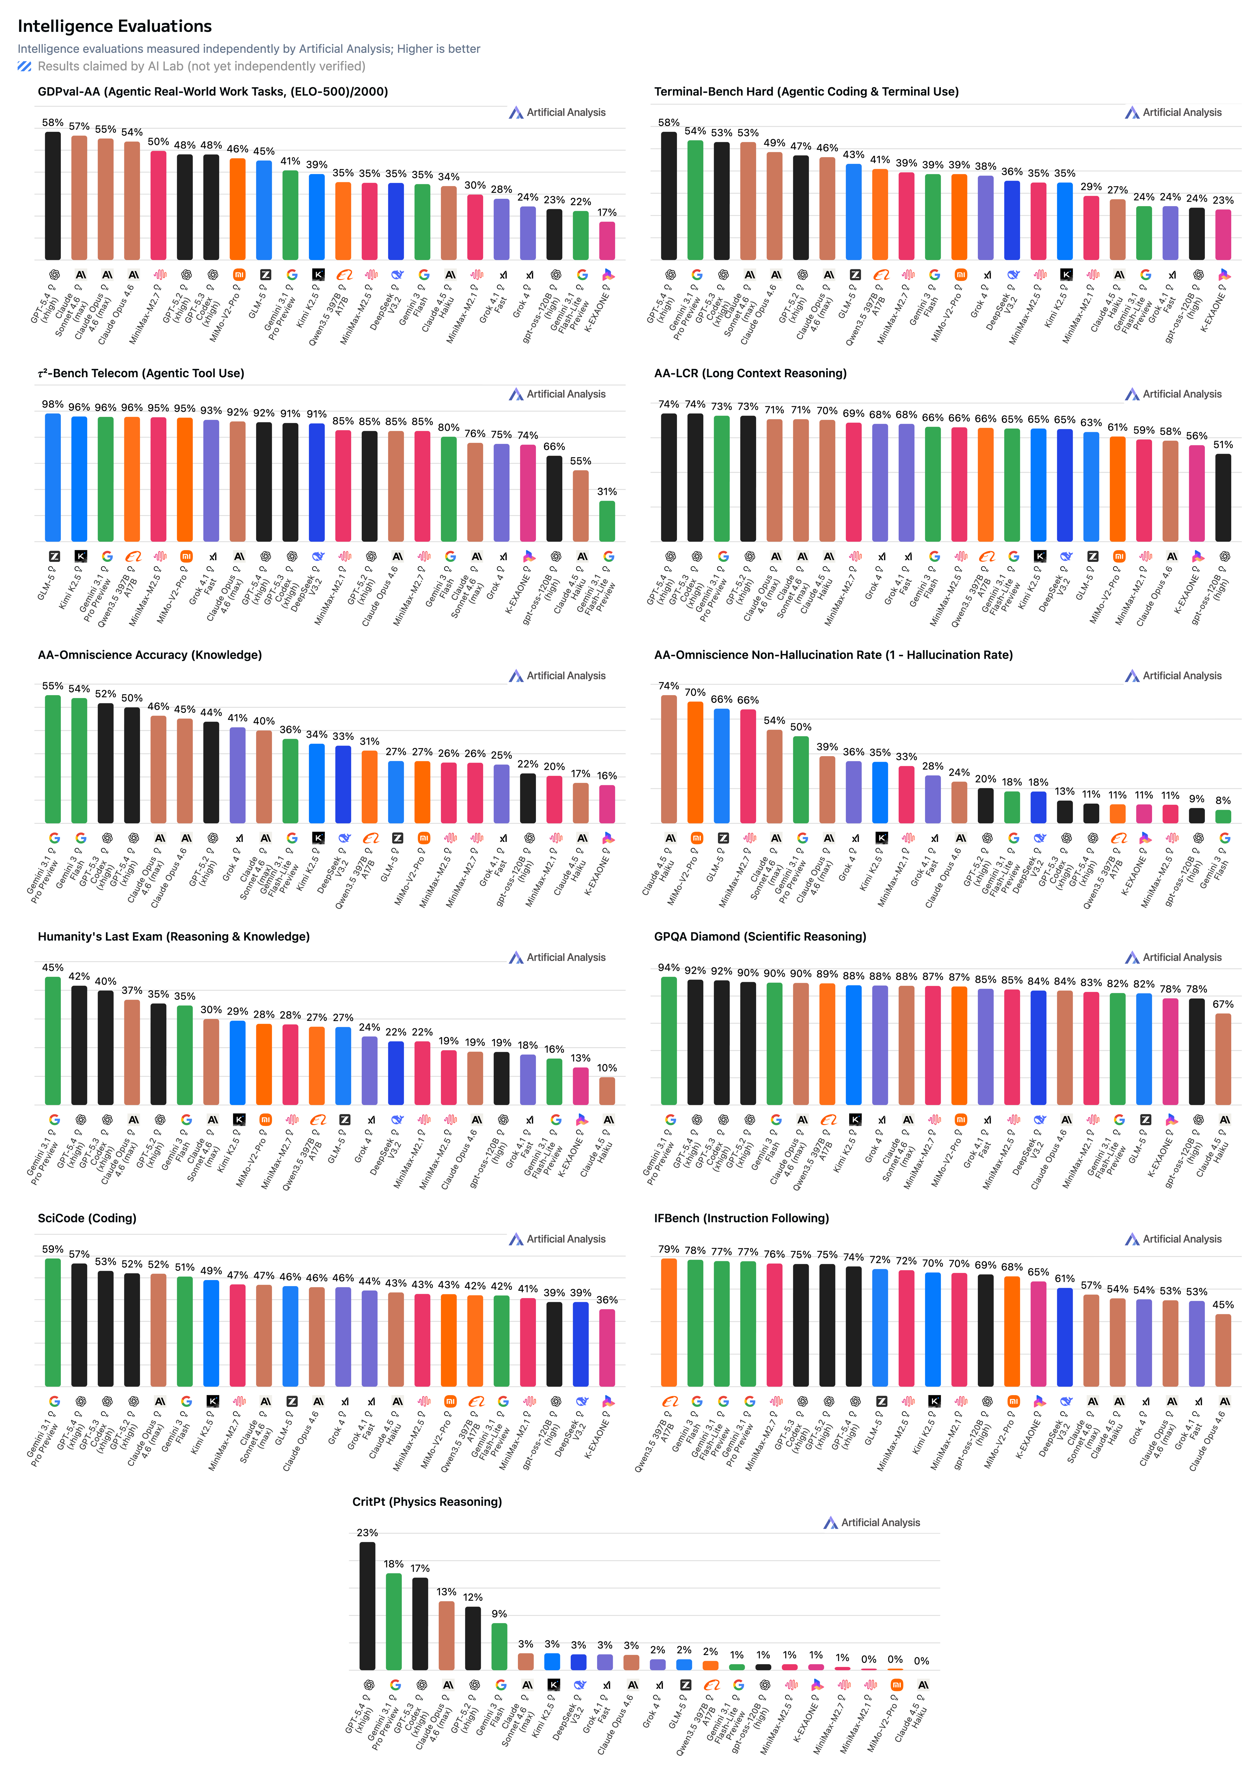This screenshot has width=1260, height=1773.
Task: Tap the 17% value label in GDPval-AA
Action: click(607, 213)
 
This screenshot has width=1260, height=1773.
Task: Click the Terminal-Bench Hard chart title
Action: click(806, 92)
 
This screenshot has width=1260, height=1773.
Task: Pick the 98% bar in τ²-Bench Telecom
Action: click(53, 477)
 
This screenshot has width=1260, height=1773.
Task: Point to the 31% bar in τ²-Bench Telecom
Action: click(607, 521)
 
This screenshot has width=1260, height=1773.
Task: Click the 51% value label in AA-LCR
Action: click(1223, 445)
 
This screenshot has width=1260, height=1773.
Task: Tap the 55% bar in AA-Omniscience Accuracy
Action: click(53, 759)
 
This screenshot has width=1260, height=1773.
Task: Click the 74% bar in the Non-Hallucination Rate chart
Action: click(669, 759)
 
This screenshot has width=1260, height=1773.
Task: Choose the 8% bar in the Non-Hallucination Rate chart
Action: click(1223, 816)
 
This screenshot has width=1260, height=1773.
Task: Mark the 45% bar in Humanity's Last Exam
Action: click(53, 1041)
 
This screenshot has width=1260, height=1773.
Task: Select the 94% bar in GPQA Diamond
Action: click(669, 1041)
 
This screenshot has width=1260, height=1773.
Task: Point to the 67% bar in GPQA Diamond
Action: click(1223, 1059)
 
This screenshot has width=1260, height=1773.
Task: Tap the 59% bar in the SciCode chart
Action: click(53, 1322)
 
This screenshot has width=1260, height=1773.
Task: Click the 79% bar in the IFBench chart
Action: click(669, 1322)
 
